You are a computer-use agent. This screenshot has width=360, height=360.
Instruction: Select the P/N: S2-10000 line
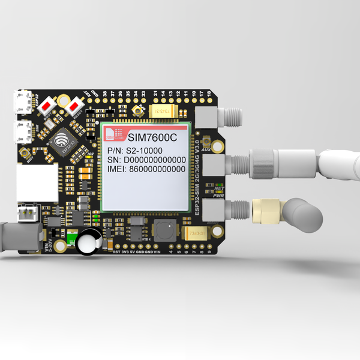coord(136,149)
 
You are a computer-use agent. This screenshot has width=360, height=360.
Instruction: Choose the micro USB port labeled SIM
coord(24,130)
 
